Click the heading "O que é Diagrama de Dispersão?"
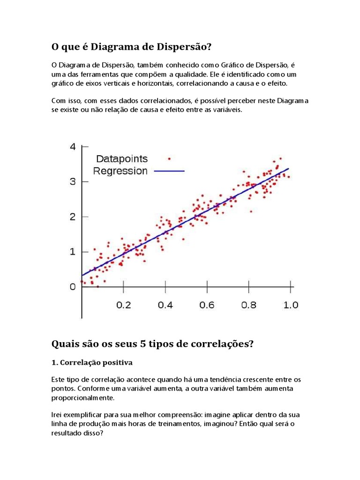pos(131,47)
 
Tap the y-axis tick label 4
pos(72,146)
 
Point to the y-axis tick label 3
pos(72,181)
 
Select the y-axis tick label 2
pos(72,217)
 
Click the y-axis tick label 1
pos(72,252)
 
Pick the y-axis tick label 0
pos(72,286)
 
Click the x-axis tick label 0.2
pos(123,305)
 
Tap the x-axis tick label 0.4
pos(165,305)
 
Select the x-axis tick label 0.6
pos(207,305)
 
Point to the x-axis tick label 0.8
pos(249,305)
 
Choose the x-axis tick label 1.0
pos(291,305)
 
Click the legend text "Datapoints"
pos(122,159)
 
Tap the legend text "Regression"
pos(120,171)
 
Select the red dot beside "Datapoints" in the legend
pos(169,158)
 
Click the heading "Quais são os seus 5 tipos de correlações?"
pos(152,344)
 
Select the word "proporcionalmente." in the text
pos(82,397)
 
